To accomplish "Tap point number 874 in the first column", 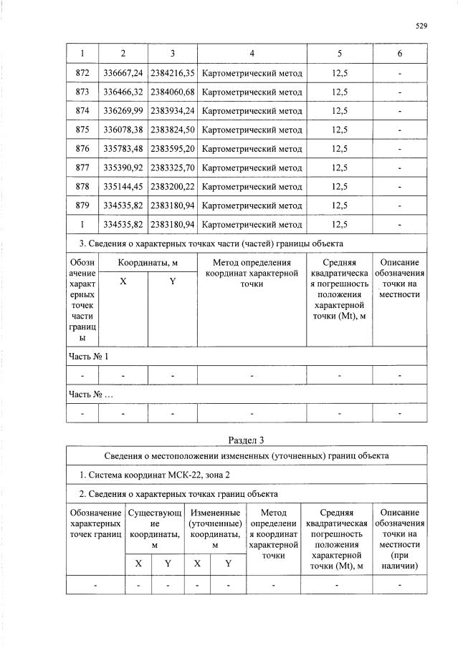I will click(82, 111).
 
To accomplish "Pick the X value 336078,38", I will click(123, 130).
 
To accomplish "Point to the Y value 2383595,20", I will click(173, 149).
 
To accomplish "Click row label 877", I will click(82, 168).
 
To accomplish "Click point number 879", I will click(82, 205).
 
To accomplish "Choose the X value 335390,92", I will click(123, 168).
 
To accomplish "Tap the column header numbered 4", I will click(252, 54).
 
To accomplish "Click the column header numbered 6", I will click(400, 54).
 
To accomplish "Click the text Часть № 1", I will click(88, 355).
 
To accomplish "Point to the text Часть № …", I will click(90, 394).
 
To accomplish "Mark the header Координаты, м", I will click(148, 263).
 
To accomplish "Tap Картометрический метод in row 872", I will click(252, 73).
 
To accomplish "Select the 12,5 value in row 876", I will click(340, 149).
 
